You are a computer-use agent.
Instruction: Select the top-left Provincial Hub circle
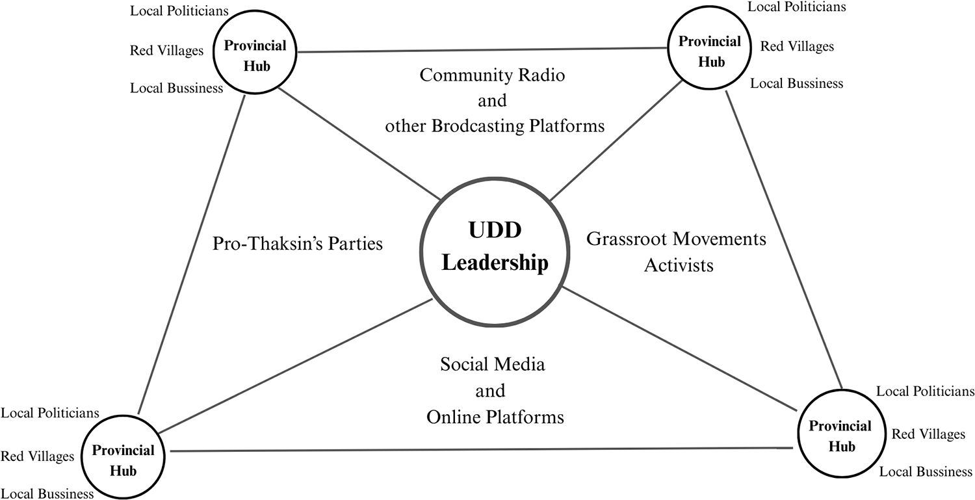tap(255, 55)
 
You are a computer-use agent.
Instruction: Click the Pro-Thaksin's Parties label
tap(298, 244)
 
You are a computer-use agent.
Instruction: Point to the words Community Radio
tap(492, 75)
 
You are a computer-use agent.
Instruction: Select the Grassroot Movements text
tap(676, 239)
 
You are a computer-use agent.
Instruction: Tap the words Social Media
tap(492, 364)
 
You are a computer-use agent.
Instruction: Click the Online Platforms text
tap(495, 417)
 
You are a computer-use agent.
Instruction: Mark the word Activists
tap(679, 265)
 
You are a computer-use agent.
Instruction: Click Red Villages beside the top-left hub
tap(166, 51)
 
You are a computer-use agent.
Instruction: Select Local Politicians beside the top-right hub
tap(796, 7)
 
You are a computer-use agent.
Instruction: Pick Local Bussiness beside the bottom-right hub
tap(926, 472)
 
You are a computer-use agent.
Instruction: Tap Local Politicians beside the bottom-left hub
tap(50, 413)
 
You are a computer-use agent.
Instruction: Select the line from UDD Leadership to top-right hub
tap(614, 140)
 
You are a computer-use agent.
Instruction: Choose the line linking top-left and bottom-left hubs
tap(192, 254)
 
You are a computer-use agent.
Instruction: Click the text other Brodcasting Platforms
tap(495, 126)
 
